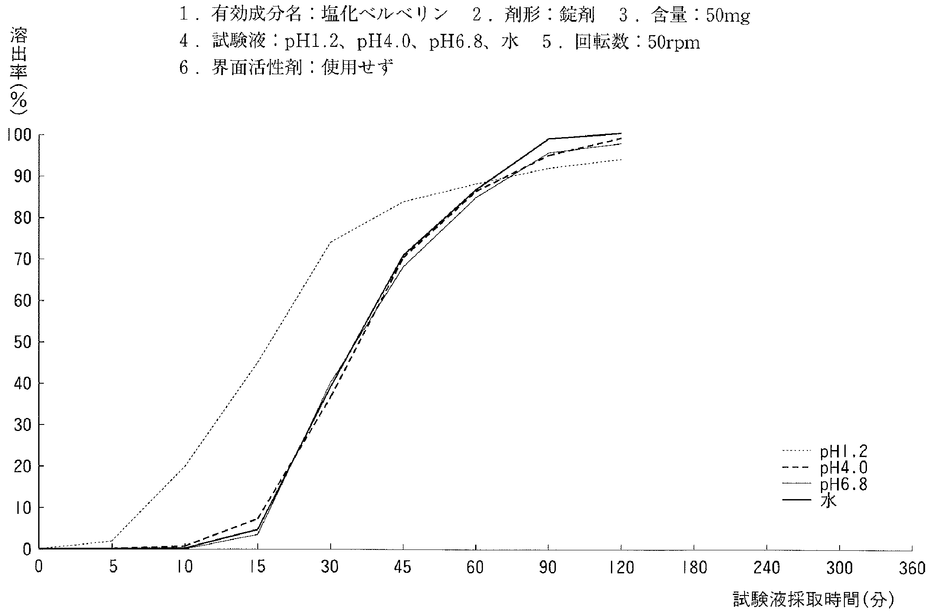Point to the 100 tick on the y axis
(19, 135)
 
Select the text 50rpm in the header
(674, 43)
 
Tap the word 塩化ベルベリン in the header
(384, 16)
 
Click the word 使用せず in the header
(358, 68)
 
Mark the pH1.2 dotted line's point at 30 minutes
(331, 242)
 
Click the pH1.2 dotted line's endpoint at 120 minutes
(621, 160)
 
